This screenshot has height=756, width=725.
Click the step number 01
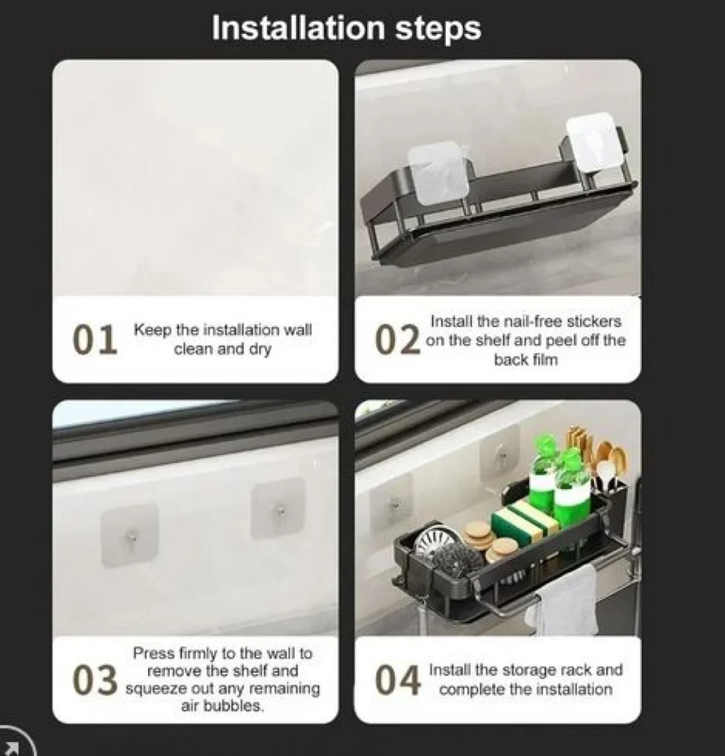[x=95, y=340]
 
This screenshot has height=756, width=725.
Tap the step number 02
[x=398, y=340]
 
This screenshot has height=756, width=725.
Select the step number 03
[x=95, y=679]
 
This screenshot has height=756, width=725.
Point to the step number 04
[x=398, y=679]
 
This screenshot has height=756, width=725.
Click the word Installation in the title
[x=298, y=28]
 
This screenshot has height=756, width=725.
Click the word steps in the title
[x=438, y=30]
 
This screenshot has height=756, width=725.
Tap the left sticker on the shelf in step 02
[x=437, y=173]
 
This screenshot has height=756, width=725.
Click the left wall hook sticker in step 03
[x=130, y=535]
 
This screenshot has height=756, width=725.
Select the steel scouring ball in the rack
[x=457, y=558]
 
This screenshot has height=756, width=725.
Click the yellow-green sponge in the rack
[x=525, y=521]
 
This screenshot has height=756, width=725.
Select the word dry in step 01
[x=260, y=350]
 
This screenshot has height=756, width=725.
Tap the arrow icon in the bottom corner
[x=13, y=747]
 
